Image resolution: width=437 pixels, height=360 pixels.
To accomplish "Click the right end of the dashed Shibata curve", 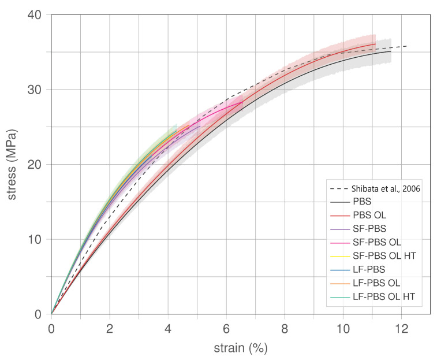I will tap(408, 46).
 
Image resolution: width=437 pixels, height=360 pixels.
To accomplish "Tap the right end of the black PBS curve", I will tap(391, 51).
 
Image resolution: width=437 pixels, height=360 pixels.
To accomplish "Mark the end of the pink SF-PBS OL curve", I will tap(242, 102).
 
